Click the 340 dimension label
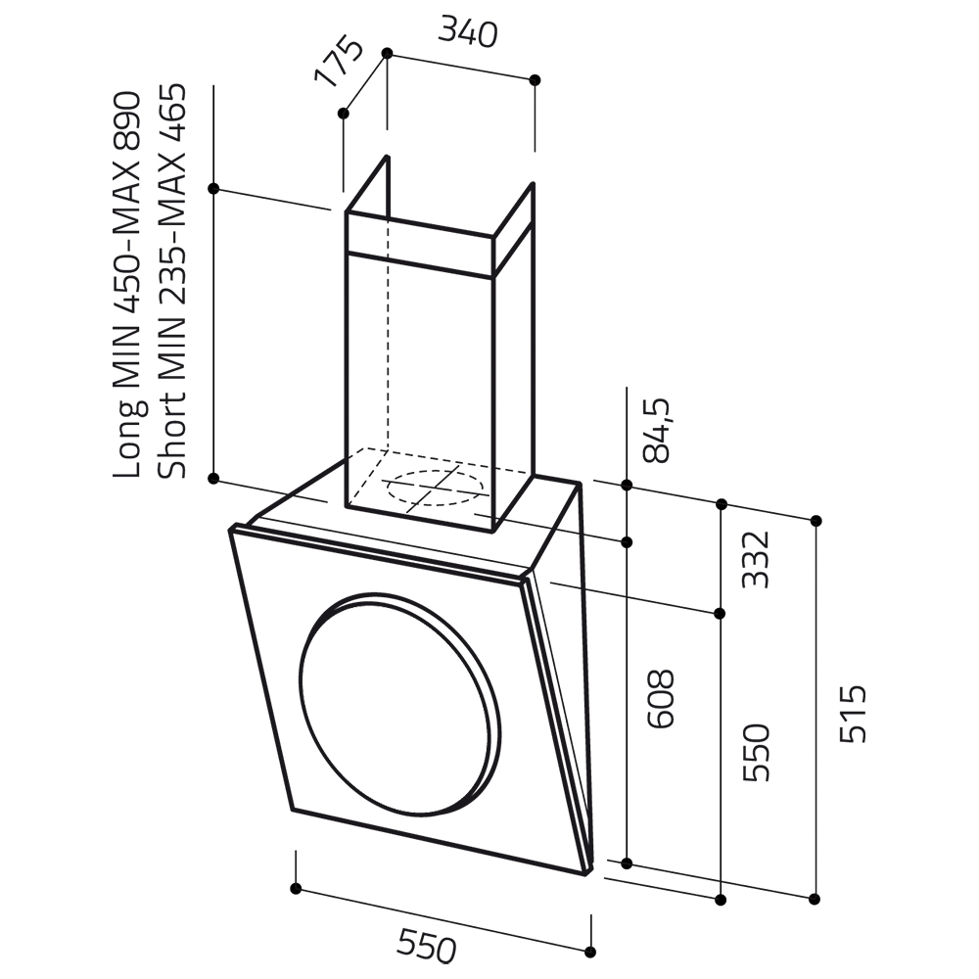[468, 32]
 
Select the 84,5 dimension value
[656, 431]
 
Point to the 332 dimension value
[755, 559]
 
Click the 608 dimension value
[661, 699]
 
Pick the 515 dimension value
[853, 715]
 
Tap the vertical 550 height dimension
[756, 753]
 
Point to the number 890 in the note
[127, 119]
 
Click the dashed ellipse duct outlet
[436, 489]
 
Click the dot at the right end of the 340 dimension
[534, 80]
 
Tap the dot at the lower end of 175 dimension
[343, 113]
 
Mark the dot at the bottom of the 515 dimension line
[815, 899]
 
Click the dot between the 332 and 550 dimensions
[721, 614]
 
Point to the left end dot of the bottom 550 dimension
[296, 889]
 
